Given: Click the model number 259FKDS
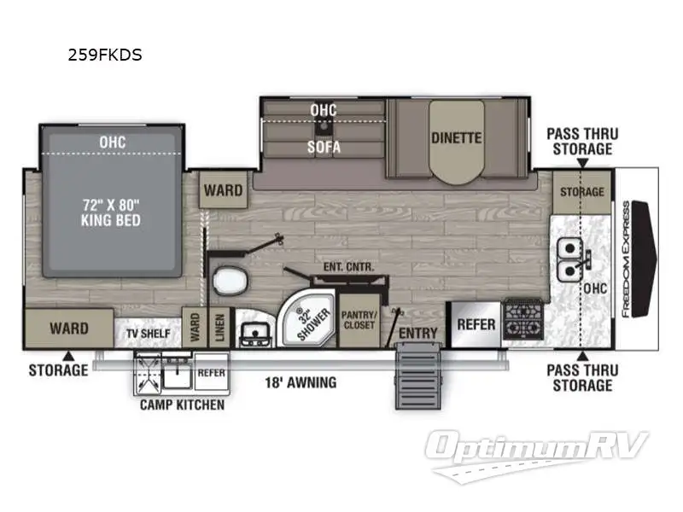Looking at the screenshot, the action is [x=105, y=55].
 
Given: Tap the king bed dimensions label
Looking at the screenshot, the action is [x=111, y=212].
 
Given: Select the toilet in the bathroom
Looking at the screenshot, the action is [x=230, y=281].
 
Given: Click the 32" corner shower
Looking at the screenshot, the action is [x=307, y=320].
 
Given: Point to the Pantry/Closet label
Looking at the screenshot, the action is [x=359, y=320].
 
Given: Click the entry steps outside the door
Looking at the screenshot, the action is [x=417, y=376].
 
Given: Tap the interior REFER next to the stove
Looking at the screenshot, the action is [x=476, y=325].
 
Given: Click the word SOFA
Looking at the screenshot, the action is [x=324, y=147].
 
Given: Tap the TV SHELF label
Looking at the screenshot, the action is [x=148, y=334].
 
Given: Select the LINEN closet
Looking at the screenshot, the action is [x=220, y=328].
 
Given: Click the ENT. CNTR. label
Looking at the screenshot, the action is [x=349, y=267].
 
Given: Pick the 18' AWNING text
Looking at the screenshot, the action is [x=301, y=382].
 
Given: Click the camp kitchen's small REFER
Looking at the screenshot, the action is [x=211, y=372].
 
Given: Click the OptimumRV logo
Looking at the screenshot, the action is [x=537, y=455].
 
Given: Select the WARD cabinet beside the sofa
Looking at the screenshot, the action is [x=224, y=189].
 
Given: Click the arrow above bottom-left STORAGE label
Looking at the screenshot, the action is [x=68, y=356].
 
